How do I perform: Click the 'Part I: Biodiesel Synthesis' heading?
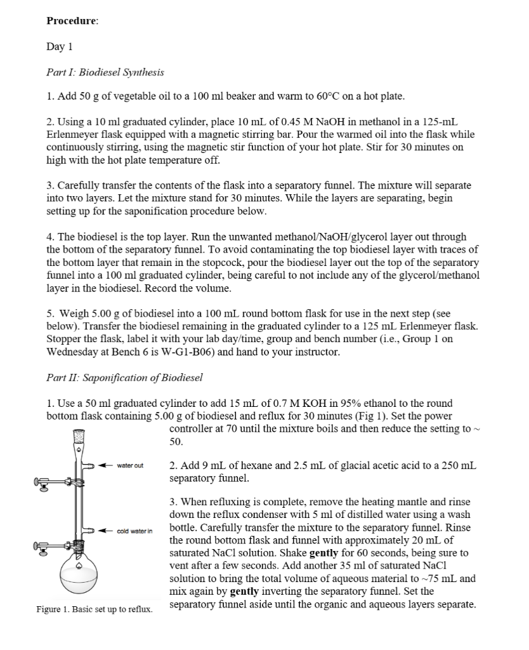[105, 72]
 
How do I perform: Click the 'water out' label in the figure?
[130, 466]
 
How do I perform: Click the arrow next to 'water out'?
[105, 466]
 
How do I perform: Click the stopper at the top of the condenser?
[79, 437]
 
